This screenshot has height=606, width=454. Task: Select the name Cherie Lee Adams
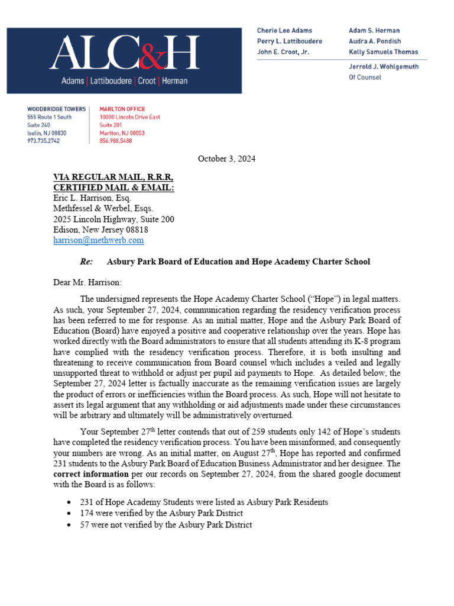284,30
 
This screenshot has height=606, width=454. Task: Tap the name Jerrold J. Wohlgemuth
383,67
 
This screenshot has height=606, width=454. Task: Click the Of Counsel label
365,77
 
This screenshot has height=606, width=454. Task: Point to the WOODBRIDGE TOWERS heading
56,109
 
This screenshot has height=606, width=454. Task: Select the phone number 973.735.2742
43,141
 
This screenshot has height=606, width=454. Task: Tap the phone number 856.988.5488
115,141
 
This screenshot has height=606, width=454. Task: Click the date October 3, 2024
227,159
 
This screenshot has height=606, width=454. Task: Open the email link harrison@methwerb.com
98,240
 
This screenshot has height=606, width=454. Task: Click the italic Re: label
86,262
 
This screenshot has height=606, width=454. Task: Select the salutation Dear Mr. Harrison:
87,283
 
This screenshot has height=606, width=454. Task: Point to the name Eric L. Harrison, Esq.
92,198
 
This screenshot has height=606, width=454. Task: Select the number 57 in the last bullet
85,524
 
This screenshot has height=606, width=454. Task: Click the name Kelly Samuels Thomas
383,52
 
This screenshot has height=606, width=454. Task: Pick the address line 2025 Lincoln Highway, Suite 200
113,219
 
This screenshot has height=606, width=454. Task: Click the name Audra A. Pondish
375,41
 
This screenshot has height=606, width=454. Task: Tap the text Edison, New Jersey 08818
100,230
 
